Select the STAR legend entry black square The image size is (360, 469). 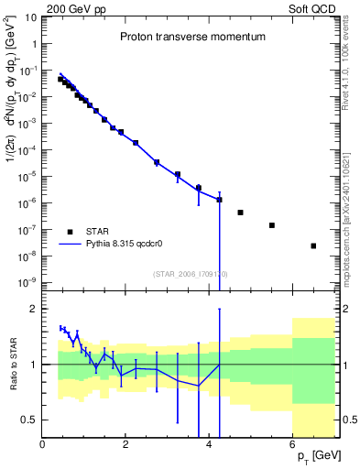pos(70,231)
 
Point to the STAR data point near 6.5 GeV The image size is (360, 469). pos(313,245)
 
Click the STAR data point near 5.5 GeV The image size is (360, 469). pos(272,225)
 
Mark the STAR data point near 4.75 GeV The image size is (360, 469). pos(240,213)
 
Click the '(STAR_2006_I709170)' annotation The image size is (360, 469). pos(190,273)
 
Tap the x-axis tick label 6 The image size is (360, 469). pos(293,445)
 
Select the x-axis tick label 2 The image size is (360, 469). pos(126,445)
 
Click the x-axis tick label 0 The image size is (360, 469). pos(43,445)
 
